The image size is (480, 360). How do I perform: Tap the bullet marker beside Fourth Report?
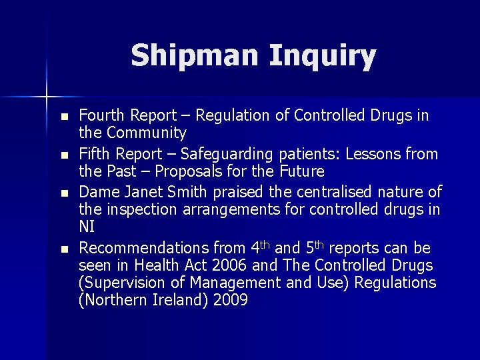[63, 116]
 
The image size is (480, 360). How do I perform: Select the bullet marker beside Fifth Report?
[63, 155]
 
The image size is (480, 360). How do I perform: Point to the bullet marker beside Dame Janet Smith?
[63, 193]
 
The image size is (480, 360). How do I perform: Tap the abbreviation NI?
[87, 227]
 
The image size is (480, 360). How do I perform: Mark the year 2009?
[230, 300]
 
